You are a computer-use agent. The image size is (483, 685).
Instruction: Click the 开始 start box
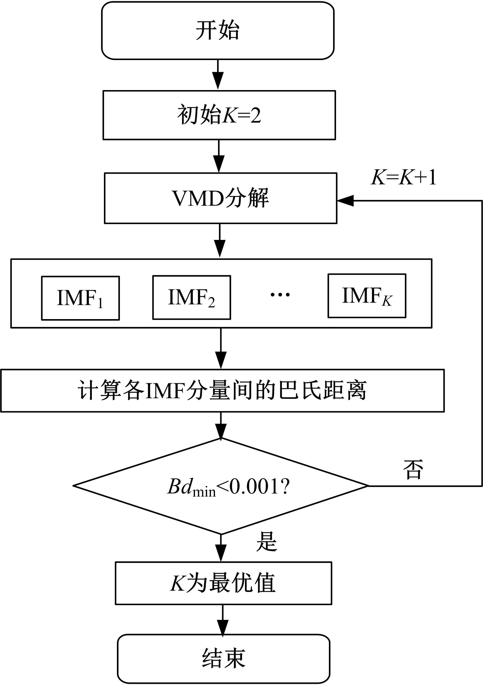218,31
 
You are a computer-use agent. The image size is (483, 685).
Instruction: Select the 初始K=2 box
219,115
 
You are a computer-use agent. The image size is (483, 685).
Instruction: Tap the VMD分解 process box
221,198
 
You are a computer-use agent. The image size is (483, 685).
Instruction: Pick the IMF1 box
80,298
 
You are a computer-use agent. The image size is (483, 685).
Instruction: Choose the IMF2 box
191,297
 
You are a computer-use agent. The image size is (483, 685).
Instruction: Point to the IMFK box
367,296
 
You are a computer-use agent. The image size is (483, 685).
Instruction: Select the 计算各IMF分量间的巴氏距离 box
222,391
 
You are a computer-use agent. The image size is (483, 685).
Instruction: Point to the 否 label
413,470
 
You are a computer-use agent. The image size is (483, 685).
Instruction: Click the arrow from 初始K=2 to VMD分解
219,156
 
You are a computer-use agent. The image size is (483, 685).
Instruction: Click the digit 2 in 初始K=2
256,115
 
